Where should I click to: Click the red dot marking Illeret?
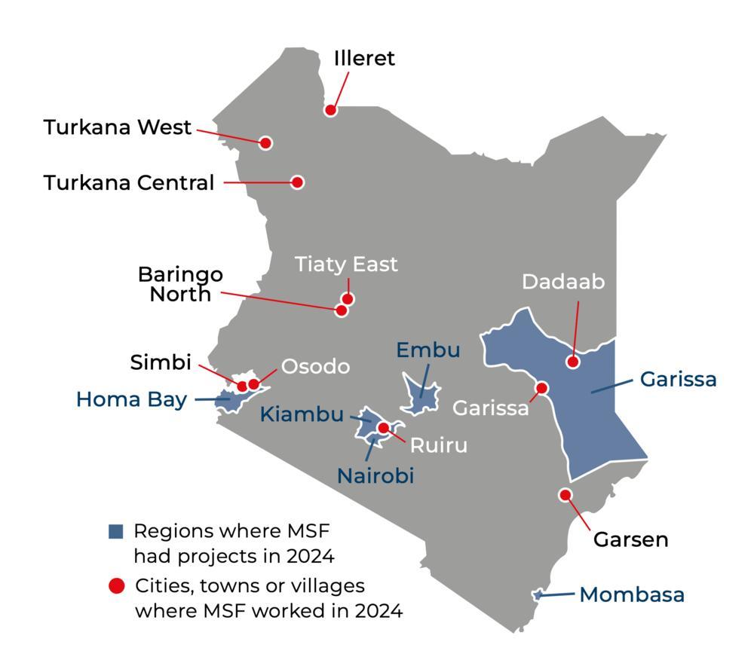[x=330, y=110]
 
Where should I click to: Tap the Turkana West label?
[x=118, y=127]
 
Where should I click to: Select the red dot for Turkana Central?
[x=297, y=182]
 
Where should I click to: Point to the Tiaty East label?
[x=346, y=264]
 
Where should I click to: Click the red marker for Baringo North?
[x=342, y=310]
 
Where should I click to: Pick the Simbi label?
[x=161, y=362]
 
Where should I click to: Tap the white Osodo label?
[x=315, y=366]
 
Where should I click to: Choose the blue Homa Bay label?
[x=131, y=399]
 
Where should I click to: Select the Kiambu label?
[x=302, y=414]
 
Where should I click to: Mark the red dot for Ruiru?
[x=383, y=428]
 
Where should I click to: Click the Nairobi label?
[x=375, y=475]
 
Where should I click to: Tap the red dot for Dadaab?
[x=572, y=362]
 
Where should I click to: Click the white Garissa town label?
[x=490, y=408]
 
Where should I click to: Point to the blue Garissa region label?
[x=678, y=379]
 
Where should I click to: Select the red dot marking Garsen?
[x=565, y=495]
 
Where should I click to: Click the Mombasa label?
[x=632, y=594]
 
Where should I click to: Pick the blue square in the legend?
[x=115, y=531]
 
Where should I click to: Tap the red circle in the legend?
[x=116, y=586]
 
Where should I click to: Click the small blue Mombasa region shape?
[x=537, y=595]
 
